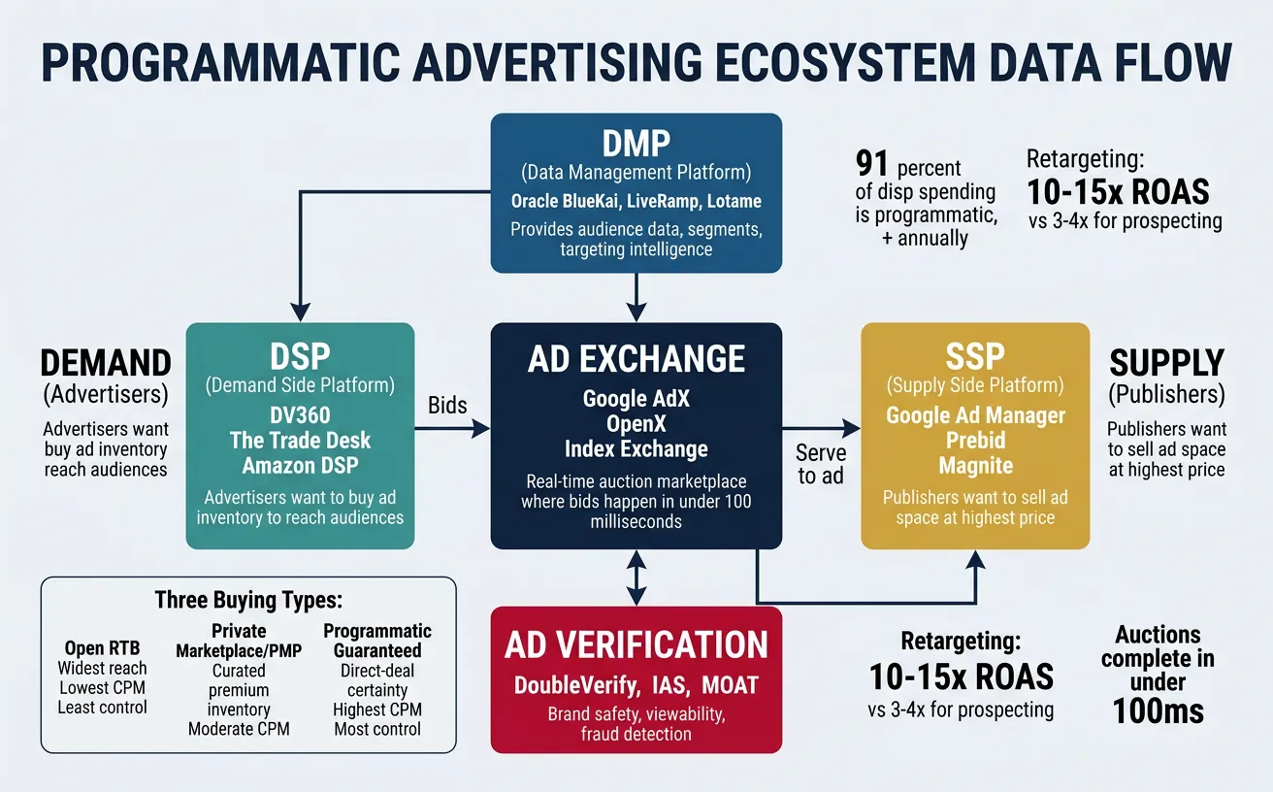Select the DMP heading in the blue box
tap(636, 144)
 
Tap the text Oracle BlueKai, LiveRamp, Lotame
tap(636, 202)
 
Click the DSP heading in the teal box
tap(300, 354)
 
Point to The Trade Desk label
tap(300, 440)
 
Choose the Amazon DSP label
tap(300, 465)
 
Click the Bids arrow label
tap(448, 404)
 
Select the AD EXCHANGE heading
tap(636, 358)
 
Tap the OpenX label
tap(636, 424)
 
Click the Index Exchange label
tap(636, 449)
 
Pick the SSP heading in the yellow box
tap(974, 356)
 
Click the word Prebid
tap(974, 441)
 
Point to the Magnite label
tap(974, 466)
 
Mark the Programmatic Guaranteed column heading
tap(376, 641)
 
